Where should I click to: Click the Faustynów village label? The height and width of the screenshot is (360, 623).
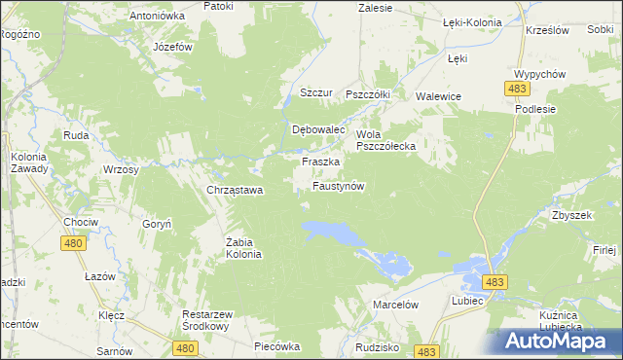tap(338, 185)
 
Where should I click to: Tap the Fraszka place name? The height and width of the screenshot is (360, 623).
tap(320, 162)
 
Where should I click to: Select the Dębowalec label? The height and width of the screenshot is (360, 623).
tap(320, 129)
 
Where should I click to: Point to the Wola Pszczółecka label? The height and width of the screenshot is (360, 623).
tap(386, 140)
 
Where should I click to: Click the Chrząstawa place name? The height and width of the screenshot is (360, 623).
tap(235, 190)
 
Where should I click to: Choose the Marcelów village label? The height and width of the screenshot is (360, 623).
tap(395, 305)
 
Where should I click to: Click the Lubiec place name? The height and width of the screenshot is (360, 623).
tap(468, 303)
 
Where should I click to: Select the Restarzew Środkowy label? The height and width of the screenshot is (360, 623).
tap(212, 320)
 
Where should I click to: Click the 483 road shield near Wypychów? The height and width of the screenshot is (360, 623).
tap(517, 89)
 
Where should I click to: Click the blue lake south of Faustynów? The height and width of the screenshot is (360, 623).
tap(332, 233)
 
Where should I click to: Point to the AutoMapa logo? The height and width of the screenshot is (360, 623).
tap(556, 342)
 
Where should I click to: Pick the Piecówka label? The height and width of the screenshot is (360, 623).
tap(275, 346)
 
